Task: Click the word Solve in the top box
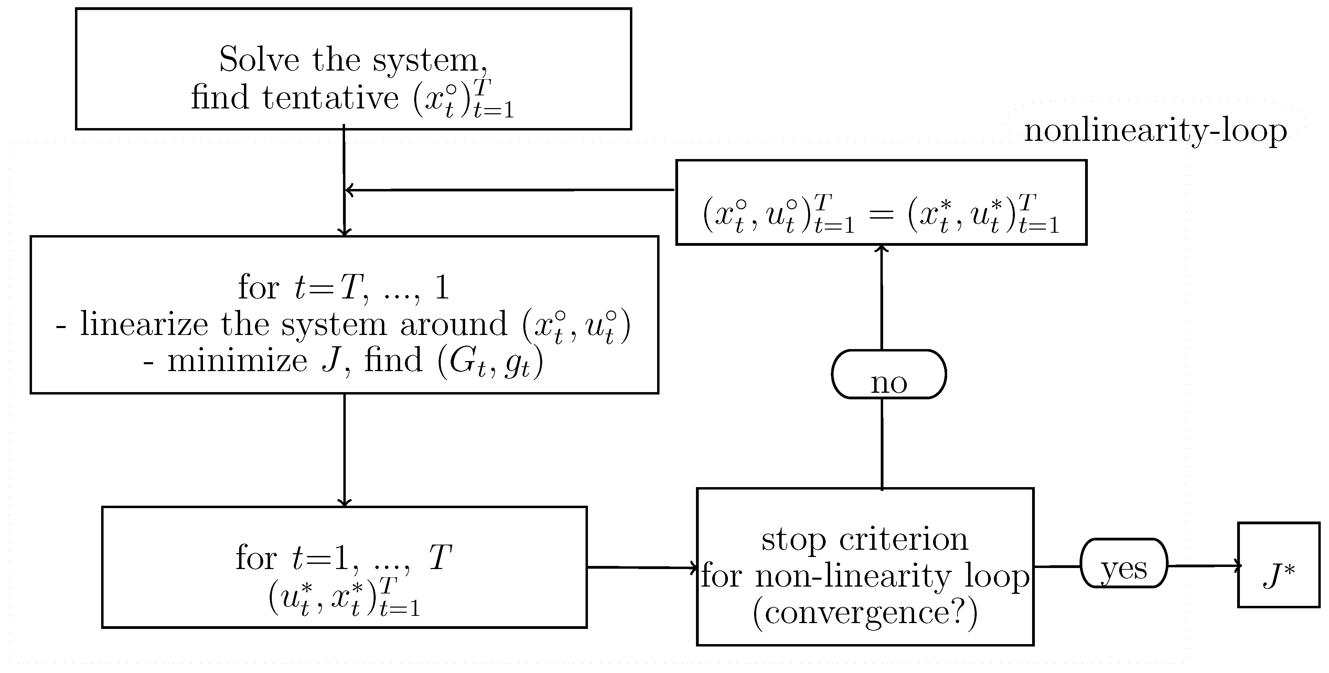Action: [259, 60]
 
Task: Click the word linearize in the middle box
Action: [144, 325]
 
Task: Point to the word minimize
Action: [237, 361]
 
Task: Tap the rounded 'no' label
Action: [888, 375]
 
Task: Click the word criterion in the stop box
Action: [903, 539]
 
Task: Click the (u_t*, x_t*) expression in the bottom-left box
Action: [344, 598]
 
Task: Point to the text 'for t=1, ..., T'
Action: [344, 558]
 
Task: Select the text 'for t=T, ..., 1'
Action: [344, 287]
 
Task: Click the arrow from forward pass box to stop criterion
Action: [642, 568]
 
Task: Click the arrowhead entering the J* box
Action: [1237, 566]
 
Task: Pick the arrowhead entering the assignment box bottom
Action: [882, 249]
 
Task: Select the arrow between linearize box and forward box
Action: [344, 449]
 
